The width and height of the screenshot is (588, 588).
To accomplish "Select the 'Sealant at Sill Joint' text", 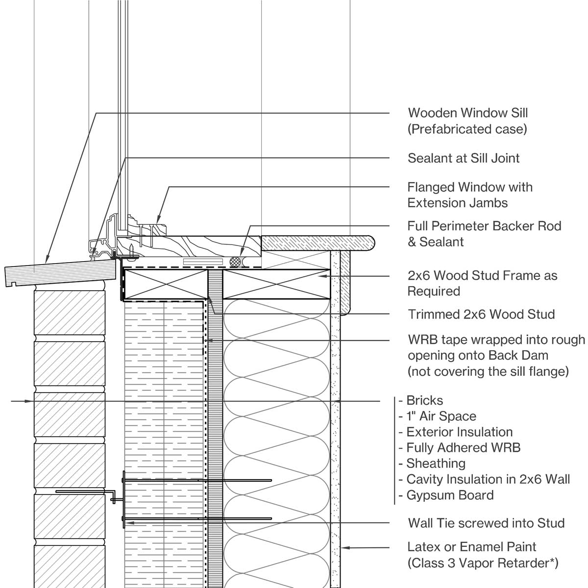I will click(x=464, y=158).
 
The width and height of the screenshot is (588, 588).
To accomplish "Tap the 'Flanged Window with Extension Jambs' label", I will click(x=469, y=195).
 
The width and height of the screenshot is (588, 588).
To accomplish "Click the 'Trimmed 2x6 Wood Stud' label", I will click(x=481, y=314).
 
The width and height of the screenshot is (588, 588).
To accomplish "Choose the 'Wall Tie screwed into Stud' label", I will click(x=486, y=523).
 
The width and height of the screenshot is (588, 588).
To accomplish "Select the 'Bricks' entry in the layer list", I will click(x=424, y=400).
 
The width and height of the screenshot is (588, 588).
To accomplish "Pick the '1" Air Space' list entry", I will click(x=441, y=416).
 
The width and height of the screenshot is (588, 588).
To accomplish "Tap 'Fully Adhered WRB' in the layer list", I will click(x=463, y=447).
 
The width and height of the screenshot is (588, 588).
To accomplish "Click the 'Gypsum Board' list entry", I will click(x=450, y=495).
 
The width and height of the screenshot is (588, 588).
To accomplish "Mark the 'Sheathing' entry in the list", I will click(x=436, y=463).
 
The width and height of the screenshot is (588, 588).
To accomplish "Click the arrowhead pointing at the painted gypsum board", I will click(x=344, y=547).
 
